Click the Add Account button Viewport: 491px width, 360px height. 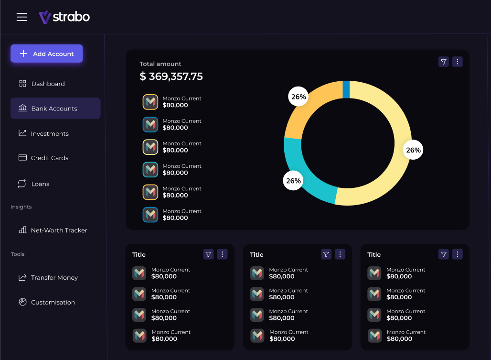47,54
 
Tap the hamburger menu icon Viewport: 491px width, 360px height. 22,17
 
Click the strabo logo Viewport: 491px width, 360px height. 64,17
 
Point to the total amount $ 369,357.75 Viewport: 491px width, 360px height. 171,76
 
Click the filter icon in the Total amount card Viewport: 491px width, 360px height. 443,62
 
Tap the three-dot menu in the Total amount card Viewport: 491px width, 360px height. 457,62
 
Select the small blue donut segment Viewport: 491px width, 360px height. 346,89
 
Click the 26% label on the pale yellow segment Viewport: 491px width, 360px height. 413,150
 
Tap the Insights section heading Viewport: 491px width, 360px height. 21,207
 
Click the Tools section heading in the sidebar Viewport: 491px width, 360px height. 18,254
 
